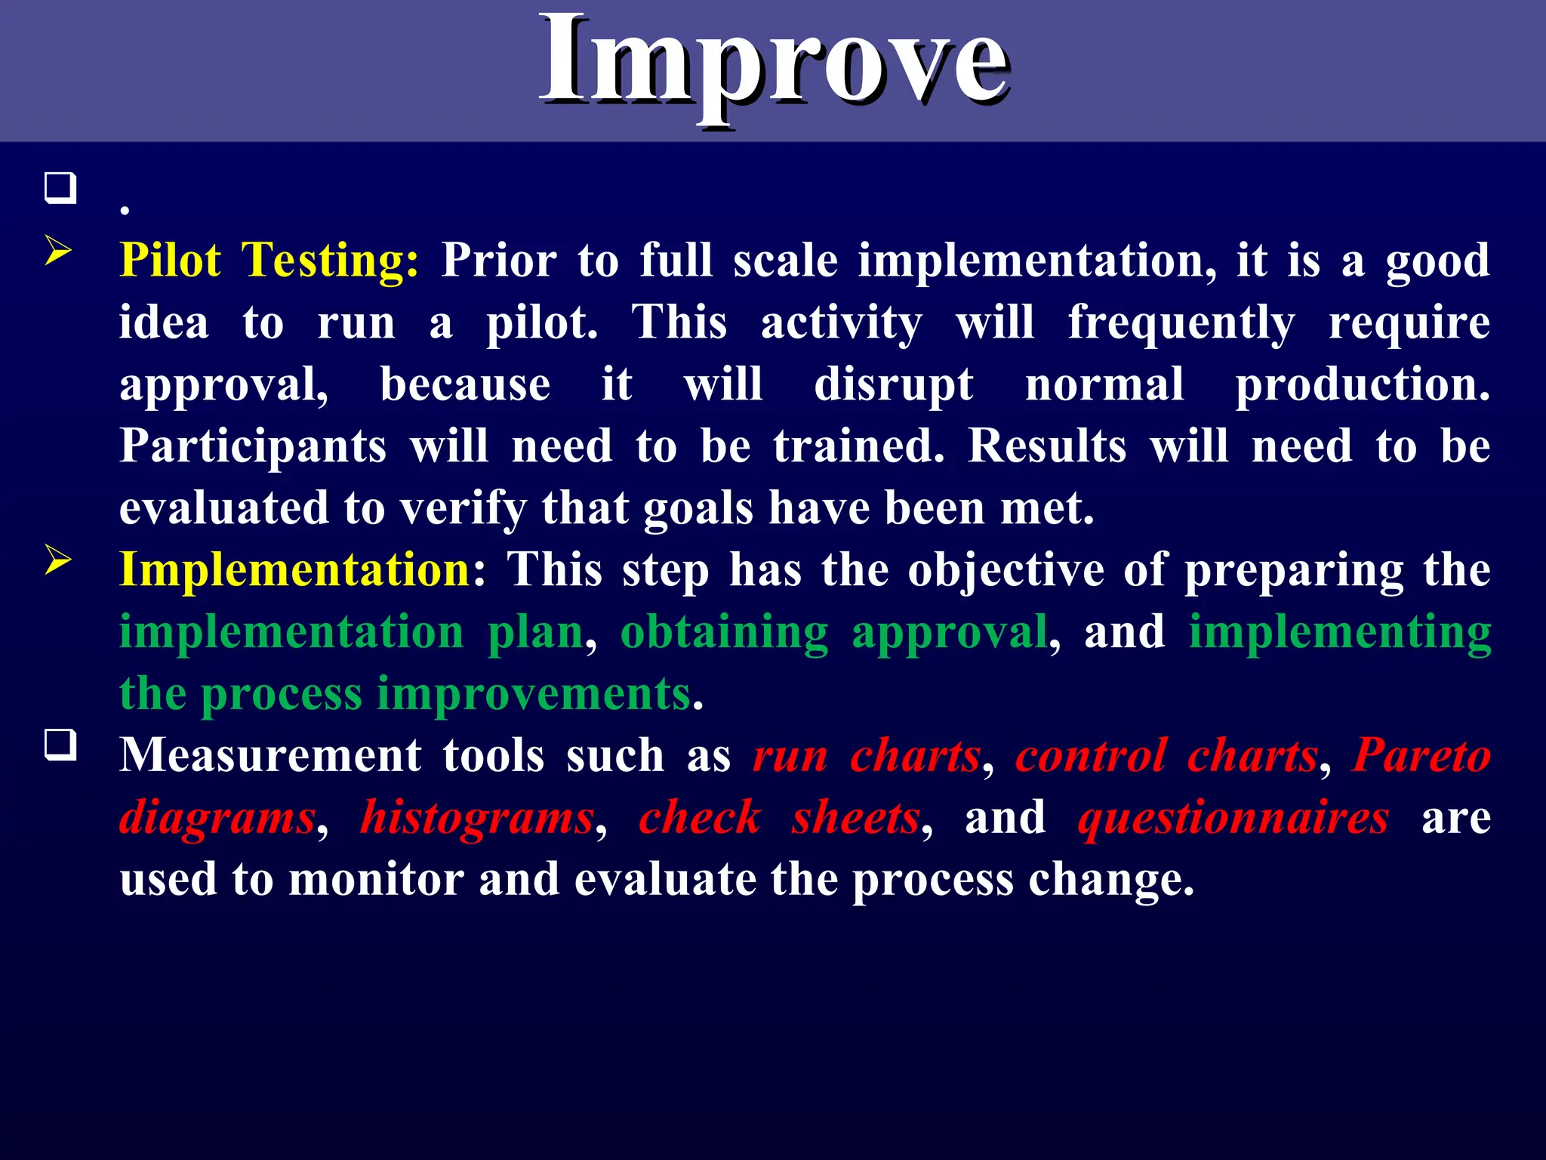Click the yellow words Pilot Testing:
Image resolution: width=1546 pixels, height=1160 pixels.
269,261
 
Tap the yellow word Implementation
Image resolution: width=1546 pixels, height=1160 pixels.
295,569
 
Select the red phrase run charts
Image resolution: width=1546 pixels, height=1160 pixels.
867,756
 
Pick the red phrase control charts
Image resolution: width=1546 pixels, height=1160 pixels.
1166,756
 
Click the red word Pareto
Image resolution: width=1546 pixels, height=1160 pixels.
1421,756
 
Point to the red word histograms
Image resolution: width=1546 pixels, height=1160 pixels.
477,818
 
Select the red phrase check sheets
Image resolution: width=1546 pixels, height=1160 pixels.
780,818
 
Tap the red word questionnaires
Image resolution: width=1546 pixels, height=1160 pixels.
1233,818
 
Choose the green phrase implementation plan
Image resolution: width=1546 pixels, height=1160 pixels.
352,632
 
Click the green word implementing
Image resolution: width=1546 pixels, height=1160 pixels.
1339,632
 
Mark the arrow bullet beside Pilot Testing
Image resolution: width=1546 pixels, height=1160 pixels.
58,250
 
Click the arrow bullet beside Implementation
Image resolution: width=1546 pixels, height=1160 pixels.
58,560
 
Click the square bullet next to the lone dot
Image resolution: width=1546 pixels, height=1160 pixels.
60,188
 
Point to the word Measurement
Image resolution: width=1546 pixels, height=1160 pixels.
270,756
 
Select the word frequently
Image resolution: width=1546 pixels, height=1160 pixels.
1181,323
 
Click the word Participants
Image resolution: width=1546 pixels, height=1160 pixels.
253,446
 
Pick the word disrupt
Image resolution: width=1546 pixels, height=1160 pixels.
893,385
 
